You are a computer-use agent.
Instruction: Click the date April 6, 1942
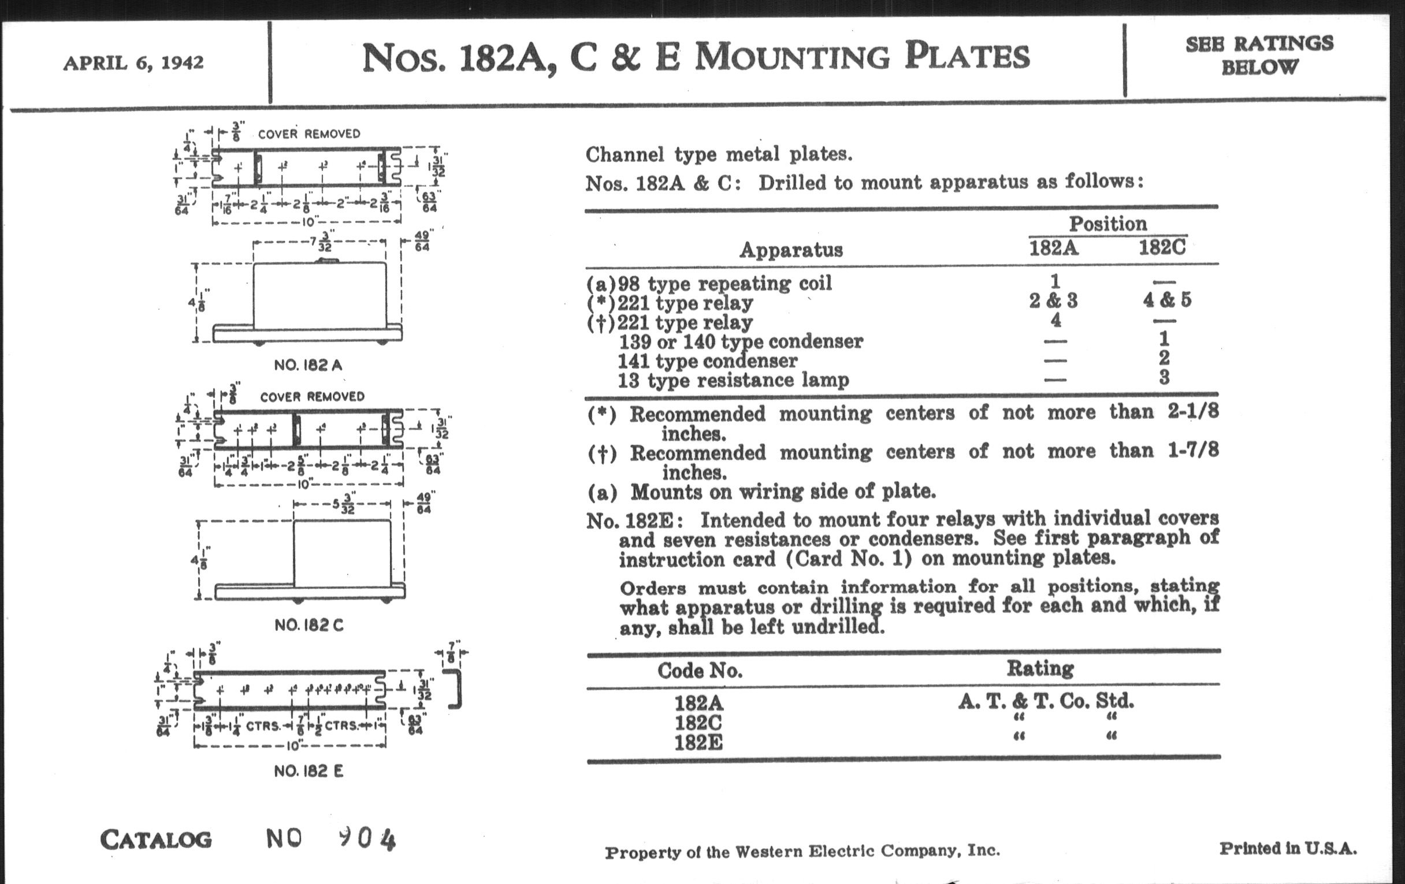click(x=133, y=62)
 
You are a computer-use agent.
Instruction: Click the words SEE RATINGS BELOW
click(x=1259, y=55)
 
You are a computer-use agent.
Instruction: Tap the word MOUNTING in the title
click(x=792, y=57)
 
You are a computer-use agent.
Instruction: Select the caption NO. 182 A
click(x=308, y=365)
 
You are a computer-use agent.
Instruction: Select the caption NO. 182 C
click(x=308, y=626)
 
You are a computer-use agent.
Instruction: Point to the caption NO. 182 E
click(x=308, y=771)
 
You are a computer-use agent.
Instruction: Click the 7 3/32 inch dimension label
click(x=323, y=241)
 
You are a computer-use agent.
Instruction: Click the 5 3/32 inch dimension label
click(x=344, y=504)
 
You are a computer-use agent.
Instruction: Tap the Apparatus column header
click(x=791, y=250)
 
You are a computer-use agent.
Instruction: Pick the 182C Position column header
click(x=1162, y=248)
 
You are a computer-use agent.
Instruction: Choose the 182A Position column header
click(x=1053, y=248)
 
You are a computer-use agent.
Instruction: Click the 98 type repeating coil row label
click(x=709, y=284)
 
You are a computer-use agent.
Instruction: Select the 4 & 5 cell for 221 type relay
click(x=1166, y=300)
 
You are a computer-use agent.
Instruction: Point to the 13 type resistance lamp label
click(x=733, y=380)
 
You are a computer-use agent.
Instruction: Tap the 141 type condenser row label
click(x=707, y=361)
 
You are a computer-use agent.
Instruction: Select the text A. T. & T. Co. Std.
click(x=1046, y=701)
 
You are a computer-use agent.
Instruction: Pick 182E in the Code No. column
click(x=698, y=743)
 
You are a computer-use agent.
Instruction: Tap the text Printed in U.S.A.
click(x=1287, y=849)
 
